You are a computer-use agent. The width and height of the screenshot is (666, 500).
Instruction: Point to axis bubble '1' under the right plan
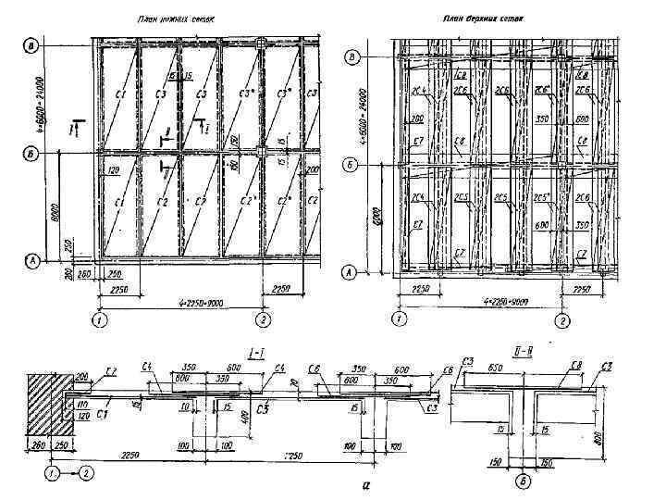[399, 320]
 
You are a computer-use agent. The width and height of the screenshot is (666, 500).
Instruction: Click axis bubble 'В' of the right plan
[352, 57]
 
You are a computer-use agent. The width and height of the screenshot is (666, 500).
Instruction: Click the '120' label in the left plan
[115, 173]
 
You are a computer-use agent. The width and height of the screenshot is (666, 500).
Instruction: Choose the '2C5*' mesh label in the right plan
[543, 197]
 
